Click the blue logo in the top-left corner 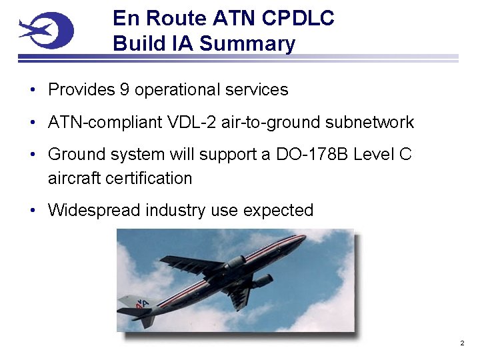45,30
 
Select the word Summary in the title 247,44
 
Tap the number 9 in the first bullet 125,89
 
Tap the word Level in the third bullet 375,155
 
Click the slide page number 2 461,343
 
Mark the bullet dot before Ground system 33,155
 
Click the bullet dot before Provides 33,90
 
